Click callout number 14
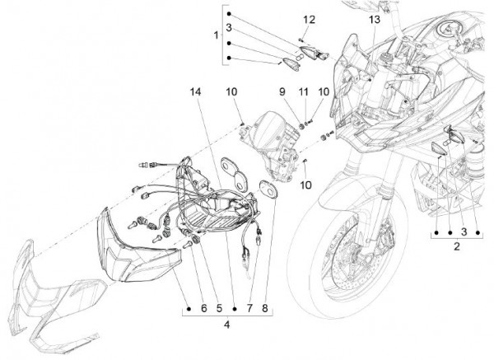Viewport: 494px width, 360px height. [x=195, y=92]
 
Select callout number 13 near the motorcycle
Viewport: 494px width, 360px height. [x=375, y=20]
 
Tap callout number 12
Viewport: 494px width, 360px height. [x=309, y=20]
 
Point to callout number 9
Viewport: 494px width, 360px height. [x=282, y=92]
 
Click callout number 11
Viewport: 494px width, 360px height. [x=303, y=92]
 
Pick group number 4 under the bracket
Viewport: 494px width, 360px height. [x=227, y=325]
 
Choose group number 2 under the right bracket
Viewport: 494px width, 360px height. [x=457, y=246]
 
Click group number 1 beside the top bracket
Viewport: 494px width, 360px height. [x=216, y=35]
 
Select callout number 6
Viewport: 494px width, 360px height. [x=204, y=309]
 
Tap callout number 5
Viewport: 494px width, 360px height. [x=219, y=309]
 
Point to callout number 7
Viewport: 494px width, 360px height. [x=249, y=309]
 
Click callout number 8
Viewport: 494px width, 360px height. [x=264, y=309]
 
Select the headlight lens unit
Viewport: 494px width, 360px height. [x=138, y=245]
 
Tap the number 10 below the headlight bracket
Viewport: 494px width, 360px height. [x=305, y=185]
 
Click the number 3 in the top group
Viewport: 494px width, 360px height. [x=229, y=28]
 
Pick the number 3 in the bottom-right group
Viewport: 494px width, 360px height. [x=464, y=232]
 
